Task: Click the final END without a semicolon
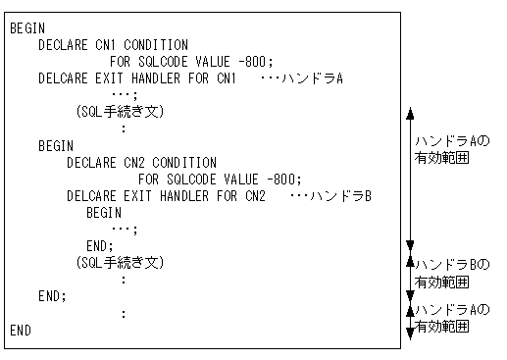(x=21, y=331)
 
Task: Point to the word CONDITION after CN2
(x=184, y=163)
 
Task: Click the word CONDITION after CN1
(x=156, y=45)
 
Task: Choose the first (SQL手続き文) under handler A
(x=120, y=112)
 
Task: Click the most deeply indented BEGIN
(x=103, y=212)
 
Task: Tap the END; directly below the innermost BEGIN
(x=100, y=245)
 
